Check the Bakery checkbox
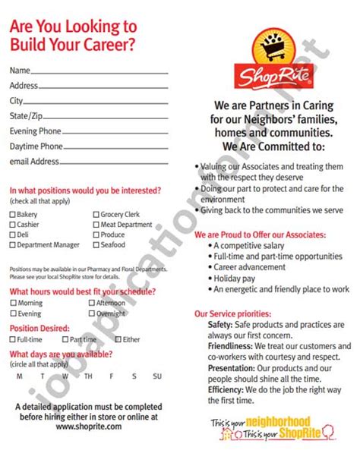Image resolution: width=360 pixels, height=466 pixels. pyautogui.click(x=13, y=215)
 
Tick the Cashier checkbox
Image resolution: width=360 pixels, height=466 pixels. pyautogui.click(x=13, y=225)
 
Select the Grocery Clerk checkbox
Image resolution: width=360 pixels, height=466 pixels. pyautogui.click(x=96, y=215)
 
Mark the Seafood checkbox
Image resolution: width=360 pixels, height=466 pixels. pyautogui.click(x=96, y=245)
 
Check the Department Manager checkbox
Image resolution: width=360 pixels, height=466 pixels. pyautogui.click(x=13, y=245)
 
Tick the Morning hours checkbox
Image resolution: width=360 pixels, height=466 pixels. pyautogui.click(x=13, y=303)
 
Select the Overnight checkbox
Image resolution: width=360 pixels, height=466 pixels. pyautogui.click(x=91, y=313)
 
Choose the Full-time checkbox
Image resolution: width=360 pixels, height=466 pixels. pyautogui.click(x=13, y=339)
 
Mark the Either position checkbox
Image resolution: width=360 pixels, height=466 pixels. pyautogui.click(x=117, y=339)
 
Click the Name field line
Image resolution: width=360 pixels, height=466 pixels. pyautogui.click(x=99, y=73)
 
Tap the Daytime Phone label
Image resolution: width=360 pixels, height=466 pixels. pyautogui.click(x=36, y=146)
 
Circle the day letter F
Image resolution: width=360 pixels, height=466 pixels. pyautogui.click(x=111, y=376)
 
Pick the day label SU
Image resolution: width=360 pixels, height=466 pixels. pyautogui.click(x=157, y=376)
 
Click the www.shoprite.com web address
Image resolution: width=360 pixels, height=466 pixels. pyautogui.click(x=88, y=427)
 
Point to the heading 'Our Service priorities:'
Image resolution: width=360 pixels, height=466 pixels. pyautogui.click(x=232, y=313)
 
